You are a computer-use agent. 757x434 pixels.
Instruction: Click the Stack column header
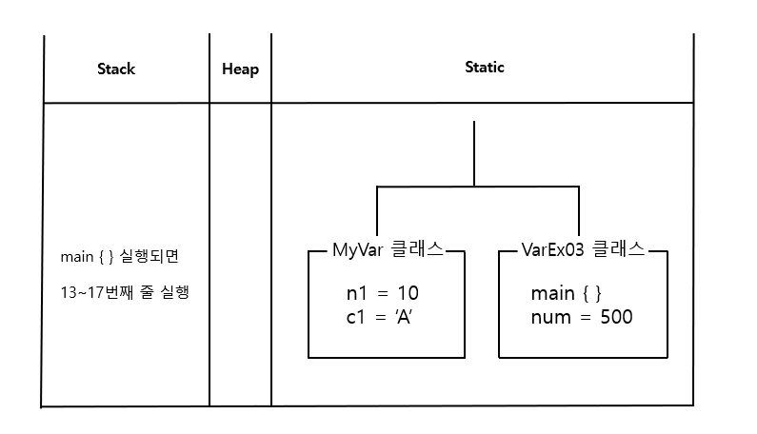[x=116, y=69]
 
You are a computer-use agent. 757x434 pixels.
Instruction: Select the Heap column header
[x=240, y=69]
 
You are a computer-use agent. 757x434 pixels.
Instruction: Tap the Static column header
[x=484, y=68]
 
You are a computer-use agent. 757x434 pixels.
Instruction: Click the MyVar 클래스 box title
[x=387, y=250]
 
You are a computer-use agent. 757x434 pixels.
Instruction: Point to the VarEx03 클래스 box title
[x=583, y=250]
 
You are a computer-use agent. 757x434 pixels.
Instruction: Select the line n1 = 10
[x=382, y=292]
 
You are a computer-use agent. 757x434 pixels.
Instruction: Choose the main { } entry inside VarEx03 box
[x=566, y=292]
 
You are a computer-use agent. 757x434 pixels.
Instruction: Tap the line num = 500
[x=581, y=316]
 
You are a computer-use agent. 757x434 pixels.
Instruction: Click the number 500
[x=616, y=316]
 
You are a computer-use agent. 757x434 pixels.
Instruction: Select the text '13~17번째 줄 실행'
[x=124, y=292]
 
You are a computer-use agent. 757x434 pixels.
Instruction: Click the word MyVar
[x=356, y=250]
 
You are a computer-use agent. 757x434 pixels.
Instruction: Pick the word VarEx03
[x=552, y=250]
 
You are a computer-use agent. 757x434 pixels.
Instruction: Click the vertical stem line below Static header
[x=474, y=152]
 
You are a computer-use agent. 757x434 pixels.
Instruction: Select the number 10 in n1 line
[x=408, y=292]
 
